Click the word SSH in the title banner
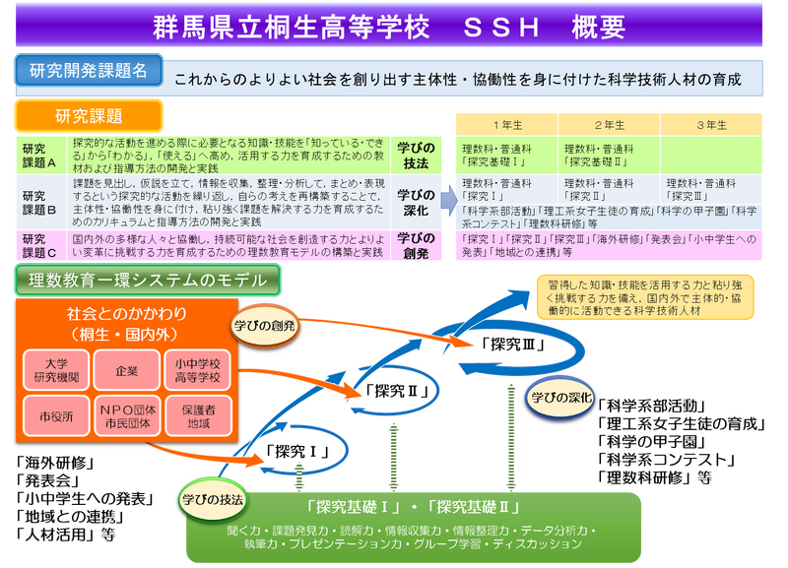(501, 28)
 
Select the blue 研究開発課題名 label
(88, 71)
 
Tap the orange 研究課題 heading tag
(89, 116)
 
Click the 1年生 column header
(506, 125)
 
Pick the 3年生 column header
(710, 125)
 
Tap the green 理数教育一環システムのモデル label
(148, 281)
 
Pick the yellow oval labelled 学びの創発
(265, 325)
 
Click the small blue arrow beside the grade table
(444, 193)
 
